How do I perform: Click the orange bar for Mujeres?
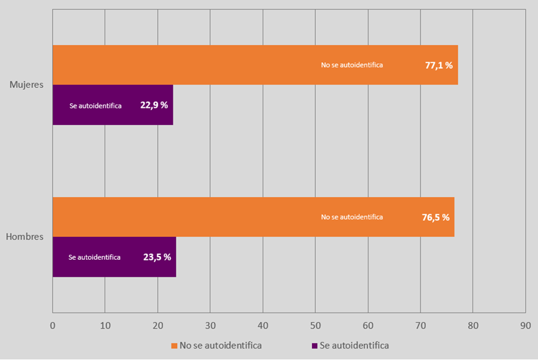[x=193, y=65]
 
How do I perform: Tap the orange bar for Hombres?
[x=193, y=217]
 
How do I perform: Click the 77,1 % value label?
[x=439, y=65]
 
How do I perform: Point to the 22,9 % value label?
[x=154, y=105]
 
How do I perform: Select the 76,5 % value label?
[x=435, y=217]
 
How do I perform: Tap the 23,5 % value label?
[x=157, y=257]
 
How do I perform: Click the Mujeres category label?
[x=26, y=84]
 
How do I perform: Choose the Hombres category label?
[x=24, y=237]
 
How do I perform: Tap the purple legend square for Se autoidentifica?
[x=315, y=345]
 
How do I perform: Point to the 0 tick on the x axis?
[x=53, y=325]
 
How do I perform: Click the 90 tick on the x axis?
[x=525, y=325]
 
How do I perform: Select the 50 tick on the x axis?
[x=315, y=325]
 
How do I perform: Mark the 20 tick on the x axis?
[x=157, y=325]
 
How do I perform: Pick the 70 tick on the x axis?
[x=420, y=325]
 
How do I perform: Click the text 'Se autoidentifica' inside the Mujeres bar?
[x=96, y=105]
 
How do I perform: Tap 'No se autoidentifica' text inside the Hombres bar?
[x=352, y=217]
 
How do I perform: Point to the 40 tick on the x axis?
[x=263, y=325]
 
